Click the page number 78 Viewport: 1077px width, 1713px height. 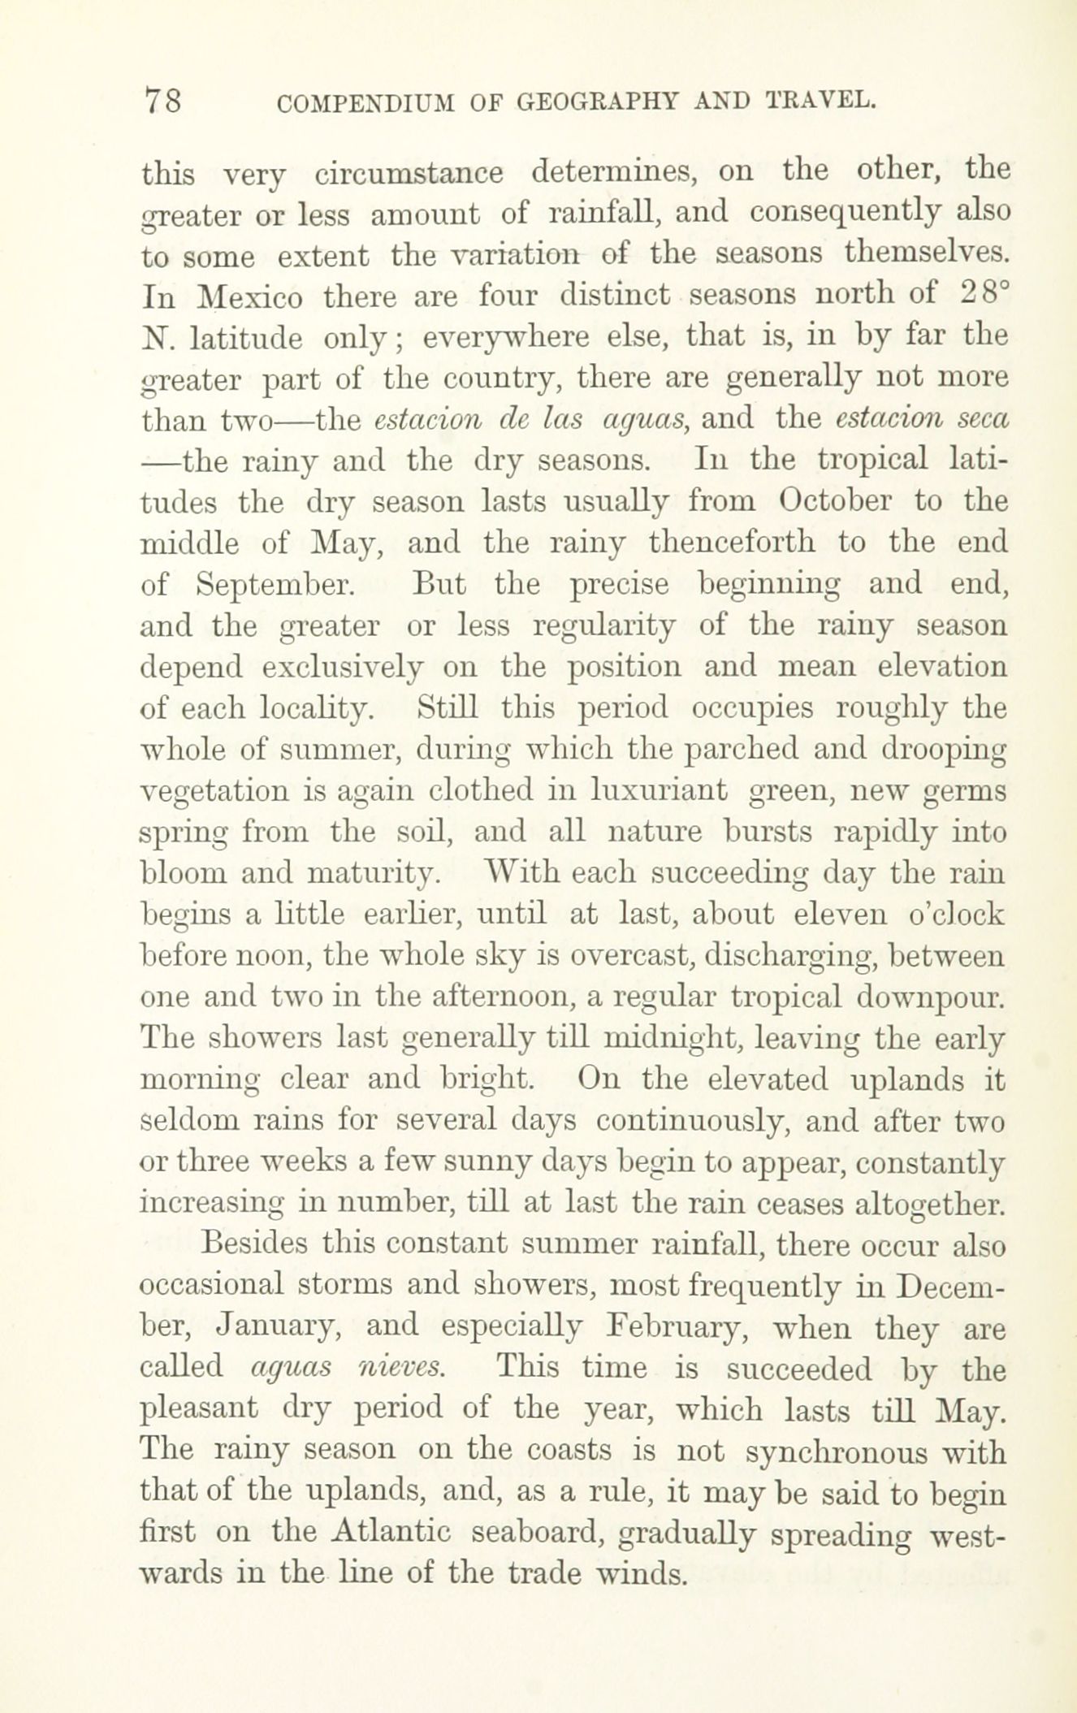[x=162, y=102]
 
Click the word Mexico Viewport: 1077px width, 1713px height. [x=250, y=296]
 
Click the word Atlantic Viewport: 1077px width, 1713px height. [x=392, y=1531]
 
